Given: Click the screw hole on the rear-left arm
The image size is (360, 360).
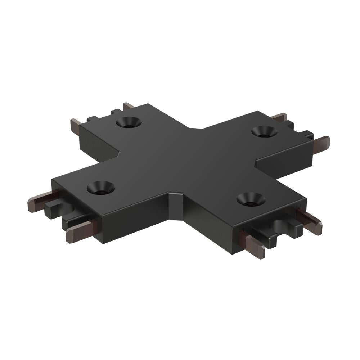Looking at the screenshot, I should (x=129, y=122).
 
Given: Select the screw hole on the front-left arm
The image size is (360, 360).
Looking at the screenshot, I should (x=101, y=187).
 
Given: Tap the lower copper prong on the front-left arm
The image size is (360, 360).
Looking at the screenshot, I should (x=79, y=231).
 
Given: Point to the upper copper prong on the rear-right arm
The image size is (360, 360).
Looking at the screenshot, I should (x=279, y=117).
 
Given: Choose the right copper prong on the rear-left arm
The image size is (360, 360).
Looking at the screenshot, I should (x=129, y=107).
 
